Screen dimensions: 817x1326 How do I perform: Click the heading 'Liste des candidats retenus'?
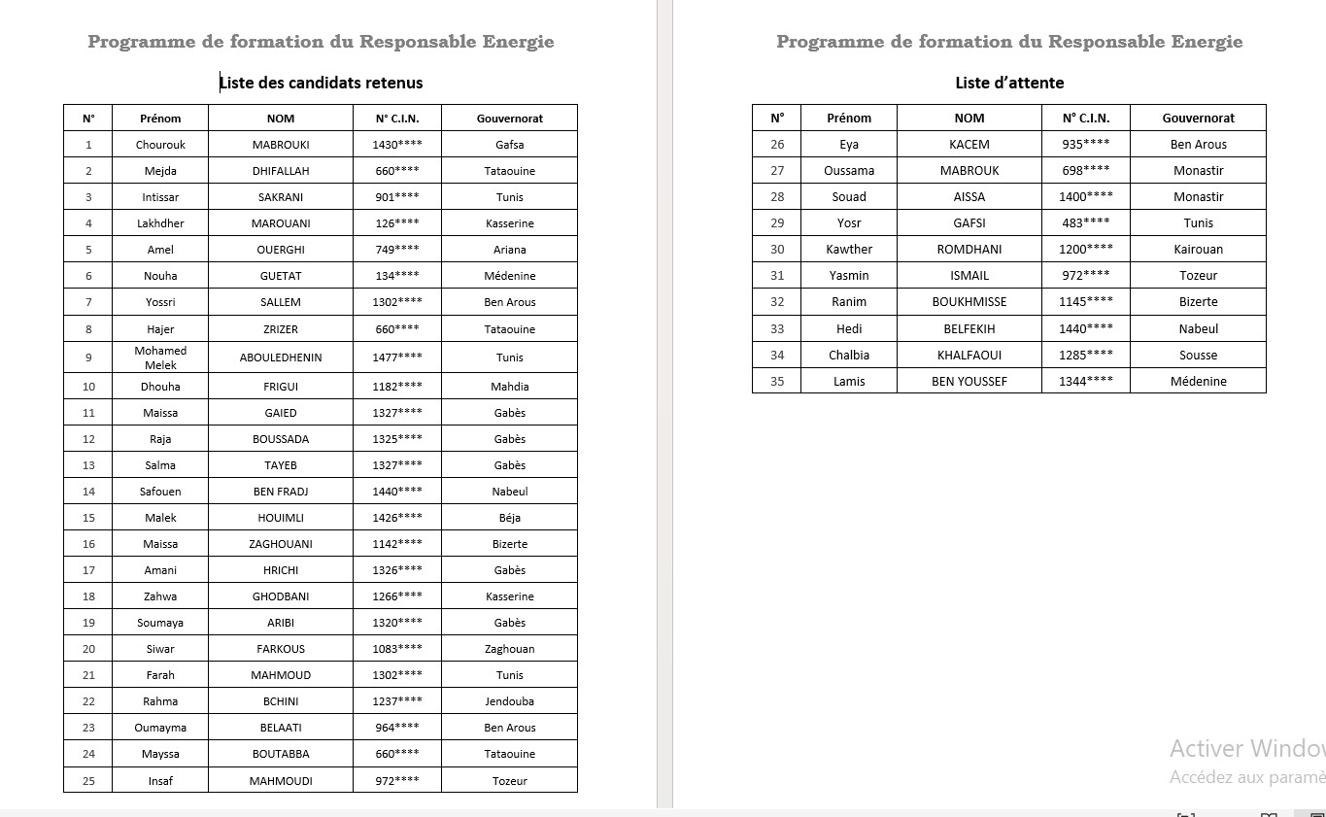[x=322, y=83]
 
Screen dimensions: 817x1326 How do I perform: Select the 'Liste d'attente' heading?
[x=1009, y=83]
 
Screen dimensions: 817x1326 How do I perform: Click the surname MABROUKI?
[x=281, y=145]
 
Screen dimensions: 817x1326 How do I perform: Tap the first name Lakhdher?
[x=160, y=223]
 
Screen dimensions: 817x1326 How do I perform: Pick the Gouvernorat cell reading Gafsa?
[x=509, y=145]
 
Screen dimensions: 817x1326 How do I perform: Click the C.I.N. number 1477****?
[x=396, y=357]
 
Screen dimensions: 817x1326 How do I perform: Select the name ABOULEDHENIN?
[x=281, y=357]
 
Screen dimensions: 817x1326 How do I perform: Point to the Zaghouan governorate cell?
[x=509, y=649]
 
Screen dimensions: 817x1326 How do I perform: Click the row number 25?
[x=88, y=781]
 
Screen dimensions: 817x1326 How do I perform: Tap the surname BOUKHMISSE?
[x=969, y=302]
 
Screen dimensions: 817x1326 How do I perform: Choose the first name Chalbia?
[x=849, y=355]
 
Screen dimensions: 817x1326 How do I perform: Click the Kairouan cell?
[x=1198, y=250]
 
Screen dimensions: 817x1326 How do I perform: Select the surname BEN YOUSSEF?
[x=969, y=381]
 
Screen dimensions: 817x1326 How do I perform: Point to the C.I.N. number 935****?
[x=1085, y=145]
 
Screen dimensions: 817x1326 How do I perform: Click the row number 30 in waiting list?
[x=777, y=250]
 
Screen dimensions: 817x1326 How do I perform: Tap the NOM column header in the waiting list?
[x=969, y=119]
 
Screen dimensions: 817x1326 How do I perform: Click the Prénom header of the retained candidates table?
[x=160, y=119]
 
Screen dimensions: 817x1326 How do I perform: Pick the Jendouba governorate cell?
[x=509, y=701]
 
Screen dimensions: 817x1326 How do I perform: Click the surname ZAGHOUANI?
[x=281, y=544]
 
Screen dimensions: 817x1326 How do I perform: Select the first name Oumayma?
[x=160, y=728]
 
